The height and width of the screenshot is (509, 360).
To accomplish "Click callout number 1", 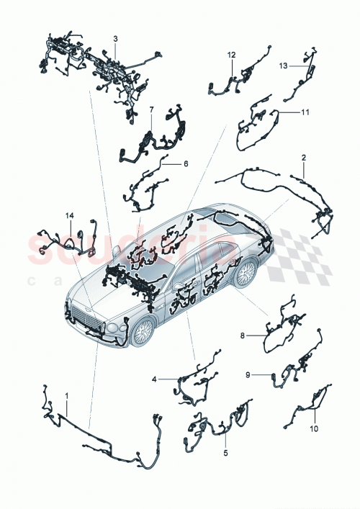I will point(67,395).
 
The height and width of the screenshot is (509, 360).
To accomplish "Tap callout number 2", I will point(303,156).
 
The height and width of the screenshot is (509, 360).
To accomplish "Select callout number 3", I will point(115,37).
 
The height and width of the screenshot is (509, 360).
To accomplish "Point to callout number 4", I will point(153,378).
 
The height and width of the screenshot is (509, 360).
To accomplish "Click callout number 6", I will point(185,164).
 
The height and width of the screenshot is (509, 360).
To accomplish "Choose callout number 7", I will point(152,109).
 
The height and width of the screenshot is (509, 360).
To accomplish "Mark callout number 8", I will point(243,335).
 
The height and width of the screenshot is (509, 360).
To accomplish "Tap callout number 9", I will point(248,374).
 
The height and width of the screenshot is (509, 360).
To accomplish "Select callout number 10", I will point(314,429).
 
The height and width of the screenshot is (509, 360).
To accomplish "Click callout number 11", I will point(305,113).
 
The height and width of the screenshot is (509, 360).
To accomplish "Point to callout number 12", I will point(232,55).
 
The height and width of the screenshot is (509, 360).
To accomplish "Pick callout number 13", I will point(284,65).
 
